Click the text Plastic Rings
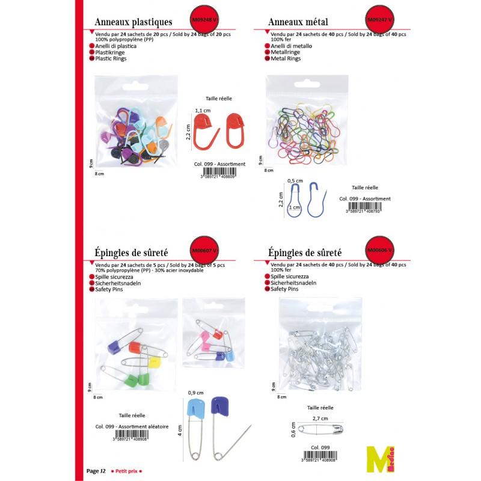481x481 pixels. (111, 59)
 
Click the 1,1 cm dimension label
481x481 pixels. (202, 110)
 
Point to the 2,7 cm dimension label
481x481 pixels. (320, 418)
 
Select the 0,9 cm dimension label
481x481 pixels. (194, 392)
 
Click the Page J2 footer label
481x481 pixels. (96, 471)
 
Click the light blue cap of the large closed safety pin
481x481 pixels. (196, 407)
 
